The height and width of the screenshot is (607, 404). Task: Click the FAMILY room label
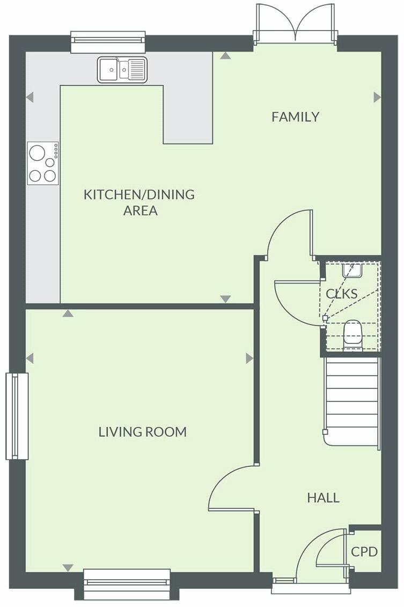295,117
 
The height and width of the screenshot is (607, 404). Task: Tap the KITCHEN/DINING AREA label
139,202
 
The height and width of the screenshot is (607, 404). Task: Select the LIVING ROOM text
142,432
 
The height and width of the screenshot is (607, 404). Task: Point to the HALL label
323,498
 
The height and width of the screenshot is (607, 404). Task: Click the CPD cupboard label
364,552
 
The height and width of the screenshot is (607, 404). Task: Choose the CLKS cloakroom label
341,294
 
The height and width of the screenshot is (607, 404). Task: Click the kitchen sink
122,70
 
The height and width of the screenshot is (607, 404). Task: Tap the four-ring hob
43,163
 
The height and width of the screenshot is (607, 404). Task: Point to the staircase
352,402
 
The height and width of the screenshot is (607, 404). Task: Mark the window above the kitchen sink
108,42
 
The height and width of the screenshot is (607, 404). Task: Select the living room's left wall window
17,416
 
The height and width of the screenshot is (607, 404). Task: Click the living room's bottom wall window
127,583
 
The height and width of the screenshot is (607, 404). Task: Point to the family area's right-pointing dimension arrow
377,97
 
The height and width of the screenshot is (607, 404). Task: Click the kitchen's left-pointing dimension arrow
30,97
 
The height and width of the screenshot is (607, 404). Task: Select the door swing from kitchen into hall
290,233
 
